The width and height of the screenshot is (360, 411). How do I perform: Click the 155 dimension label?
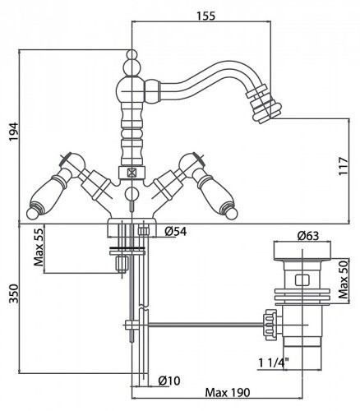click(x=206, y=16)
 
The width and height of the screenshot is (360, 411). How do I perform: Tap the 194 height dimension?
click(x=14, y=132)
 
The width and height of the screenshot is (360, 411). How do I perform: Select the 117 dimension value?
click(x=343, y=166)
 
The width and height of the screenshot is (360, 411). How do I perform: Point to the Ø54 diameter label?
click(x=176, y=232)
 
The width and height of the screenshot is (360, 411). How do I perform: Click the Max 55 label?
click(x=39, y=247)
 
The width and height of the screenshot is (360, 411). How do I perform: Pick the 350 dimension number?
click(x=14, y=293)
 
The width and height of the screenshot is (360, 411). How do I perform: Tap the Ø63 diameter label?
click(x=308, y=236)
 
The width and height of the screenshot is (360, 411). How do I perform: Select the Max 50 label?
click(x=343, y=279)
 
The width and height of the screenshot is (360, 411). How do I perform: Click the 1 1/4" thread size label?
click(x=274, y=363)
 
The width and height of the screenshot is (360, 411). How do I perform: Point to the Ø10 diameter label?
click(x=169, y=381)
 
